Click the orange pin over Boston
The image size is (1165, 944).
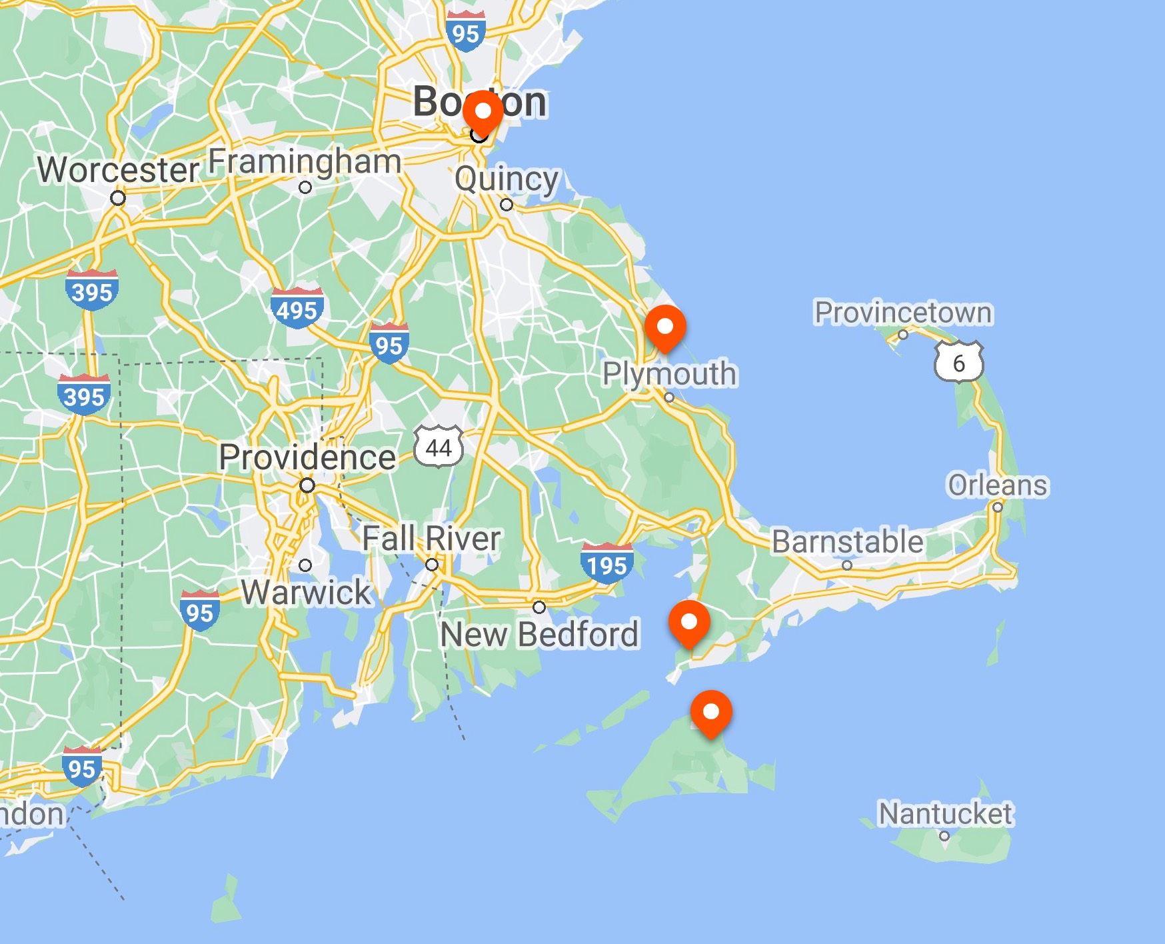point(482,111)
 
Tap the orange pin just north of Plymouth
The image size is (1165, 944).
point(664,327)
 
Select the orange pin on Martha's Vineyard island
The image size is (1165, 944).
point(711,712)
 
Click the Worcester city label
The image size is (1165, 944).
point(118,169)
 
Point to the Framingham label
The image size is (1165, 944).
point(305,162)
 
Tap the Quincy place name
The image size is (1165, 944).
point(507,179)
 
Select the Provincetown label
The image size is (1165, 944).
point(903,313)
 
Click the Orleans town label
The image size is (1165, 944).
point(998,485)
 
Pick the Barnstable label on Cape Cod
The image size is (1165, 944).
point(848,541)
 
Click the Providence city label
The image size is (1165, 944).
point(307,457)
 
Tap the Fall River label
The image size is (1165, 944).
point(431,539)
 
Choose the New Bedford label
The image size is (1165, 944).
point(539,634)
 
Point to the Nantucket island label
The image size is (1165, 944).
point(945,814)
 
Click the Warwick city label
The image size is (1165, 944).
point(306,592)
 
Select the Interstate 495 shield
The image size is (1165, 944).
point(297,307)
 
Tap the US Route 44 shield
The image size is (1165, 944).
point(439,447)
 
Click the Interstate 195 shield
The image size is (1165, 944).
point(606,563)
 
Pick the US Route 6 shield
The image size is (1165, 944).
point(958,362)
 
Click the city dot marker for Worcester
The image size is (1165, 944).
point(118,198)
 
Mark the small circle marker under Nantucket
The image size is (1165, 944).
point(944,836)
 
